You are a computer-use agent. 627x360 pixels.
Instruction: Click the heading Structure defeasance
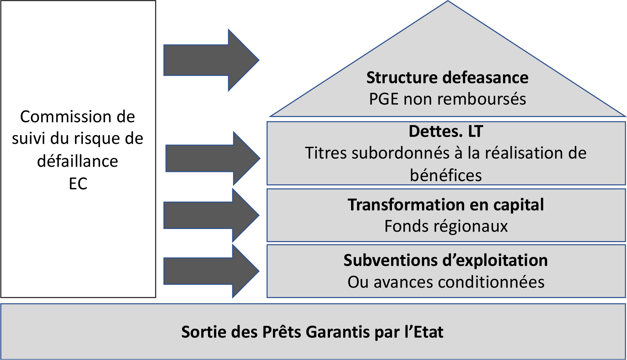pyautogui.click(x=447, y=78)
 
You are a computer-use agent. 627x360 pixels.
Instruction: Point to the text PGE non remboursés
pyautogui.click(x=447, y=99)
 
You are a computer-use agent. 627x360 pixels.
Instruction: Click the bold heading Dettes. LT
pyautogui.click(x=446, y=131)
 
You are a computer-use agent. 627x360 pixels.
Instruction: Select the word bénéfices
pyautogui.click(x=446, y=175)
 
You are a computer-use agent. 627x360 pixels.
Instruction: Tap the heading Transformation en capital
pyautogui.click(x=446, y=205)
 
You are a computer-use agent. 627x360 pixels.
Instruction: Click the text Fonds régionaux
pyautogui.click(x=446, y=226)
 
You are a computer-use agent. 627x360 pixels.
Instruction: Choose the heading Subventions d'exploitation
pyautogui.click(x=446, y=261)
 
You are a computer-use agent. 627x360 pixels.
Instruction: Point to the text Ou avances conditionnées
pyautogui.click(x=446, y=282)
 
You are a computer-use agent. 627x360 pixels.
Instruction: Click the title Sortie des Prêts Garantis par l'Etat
pyautogui.click(x=312, y=332)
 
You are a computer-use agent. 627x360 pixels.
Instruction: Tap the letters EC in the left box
pyautogui.click(x=78, y=184)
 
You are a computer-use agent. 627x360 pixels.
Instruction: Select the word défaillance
pyautogui.click(x=78, y=161)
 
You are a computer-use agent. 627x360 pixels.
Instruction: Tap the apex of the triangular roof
pyautogui.click(x=448, y=1)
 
